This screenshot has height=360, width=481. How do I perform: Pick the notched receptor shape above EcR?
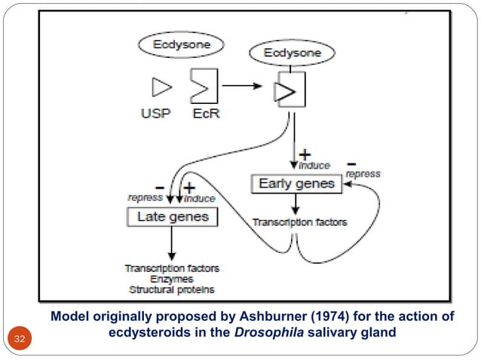(204, 88)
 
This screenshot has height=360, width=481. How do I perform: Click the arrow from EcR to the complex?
(244, 85)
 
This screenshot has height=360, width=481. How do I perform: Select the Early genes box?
(296, 184)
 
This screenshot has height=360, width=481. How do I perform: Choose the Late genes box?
(172, 218)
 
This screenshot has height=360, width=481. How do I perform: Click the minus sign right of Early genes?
(351, 162)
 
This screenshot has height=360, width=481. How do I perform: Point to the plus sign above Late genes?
(188, 187)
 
